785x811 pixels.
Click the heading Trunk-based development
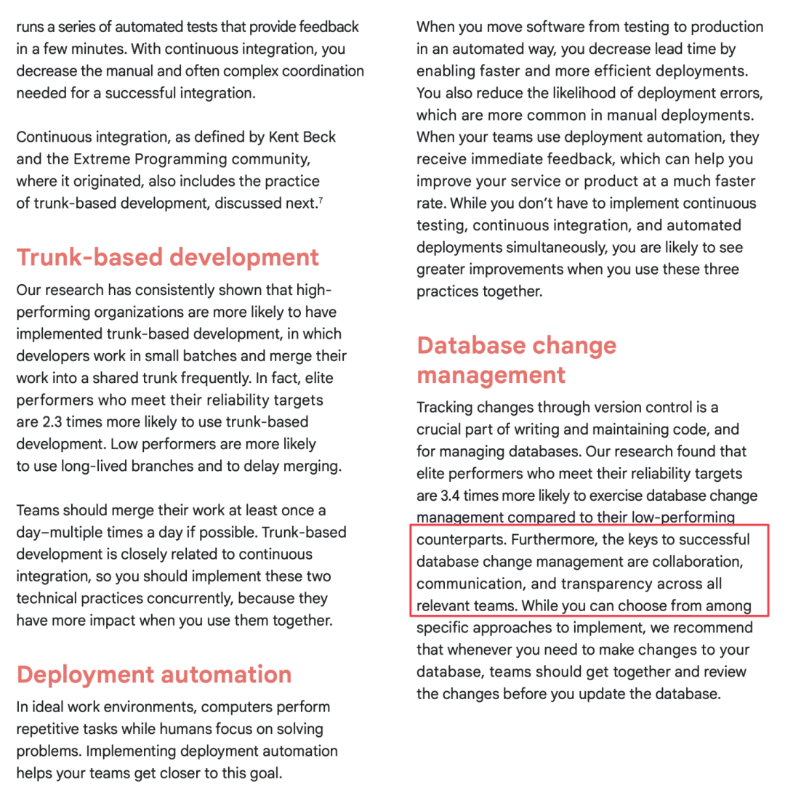coord(167,257)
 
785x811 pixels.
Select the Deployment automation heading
coord(153,674)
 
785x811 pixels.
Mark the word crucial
coord(446,429)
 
